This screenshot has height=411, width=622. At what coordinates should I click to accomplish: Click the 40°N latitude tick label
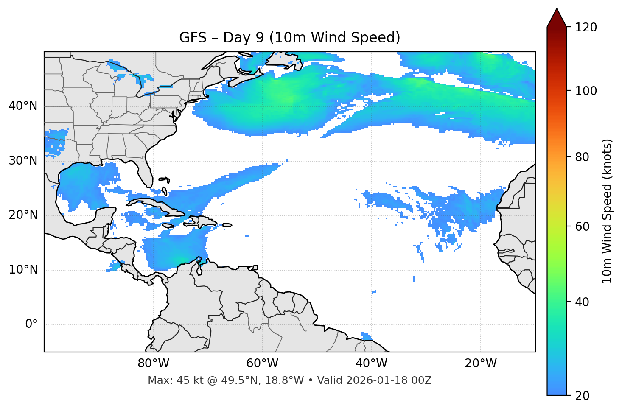(23, 106)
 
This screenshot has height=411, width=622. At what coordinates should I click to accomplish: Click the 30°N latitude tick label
(23, 161)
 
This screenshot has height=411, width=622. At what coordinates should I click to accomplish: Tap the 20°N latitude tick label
(23, 215)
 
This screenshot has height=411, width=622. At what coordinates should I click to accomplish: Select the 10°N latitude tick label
(23, 270)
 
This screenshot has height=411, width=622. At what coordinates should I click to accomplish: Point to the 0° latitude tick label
(31, 324)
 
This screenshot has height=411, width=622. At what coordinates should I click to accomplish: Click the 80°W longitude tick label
(153, 363)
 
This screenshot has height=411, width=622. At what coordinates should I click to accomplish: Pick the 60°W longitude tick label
(262, 363)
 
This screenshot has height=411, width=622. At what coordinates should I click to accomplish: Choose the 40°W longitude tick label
(372, 363)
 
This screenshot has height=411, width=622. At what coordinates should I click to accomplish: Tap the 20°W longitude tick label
(481, 363)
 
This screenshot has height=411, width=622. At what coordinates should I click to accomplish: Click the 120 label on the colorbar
(586, 28)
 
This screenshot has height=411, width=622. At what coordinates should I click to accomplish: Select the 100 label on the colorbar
(586, 91)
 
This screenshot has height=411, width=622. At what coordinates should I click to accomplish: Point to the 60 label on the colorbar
(583, 226)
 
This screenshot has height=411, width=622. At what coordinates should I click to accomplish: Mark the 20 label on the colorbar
(583, 396)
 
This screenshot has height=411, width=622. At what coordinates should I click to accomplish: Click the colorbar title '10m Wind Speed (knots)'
(607, 211)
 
